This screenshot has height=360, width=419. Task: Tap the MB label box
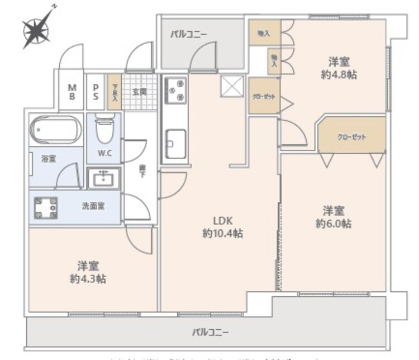(x=72, y=91)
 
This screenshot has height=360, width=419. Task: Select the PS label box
(x=96, y=91)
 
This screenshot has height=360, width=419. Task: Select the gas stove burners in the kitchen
(x=174, y=91)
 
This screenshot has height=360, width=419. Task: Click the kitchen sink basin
(x=174, y=143)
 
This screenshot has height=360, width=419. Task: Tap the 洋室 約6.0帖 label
(x=334, y=217)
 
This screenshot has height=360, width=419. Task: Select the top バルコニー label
(x=189, y=34)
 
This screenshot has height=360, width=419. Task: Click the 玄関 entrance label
(x=139, y=91)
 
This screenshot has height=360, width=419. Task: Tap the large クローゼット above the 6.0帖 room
(x=351, y=136)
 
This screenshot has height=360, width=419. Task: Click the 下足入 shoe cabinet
(x=115, y=91)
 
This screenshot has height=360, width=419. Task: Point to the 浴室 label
(x=49, y=159)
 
